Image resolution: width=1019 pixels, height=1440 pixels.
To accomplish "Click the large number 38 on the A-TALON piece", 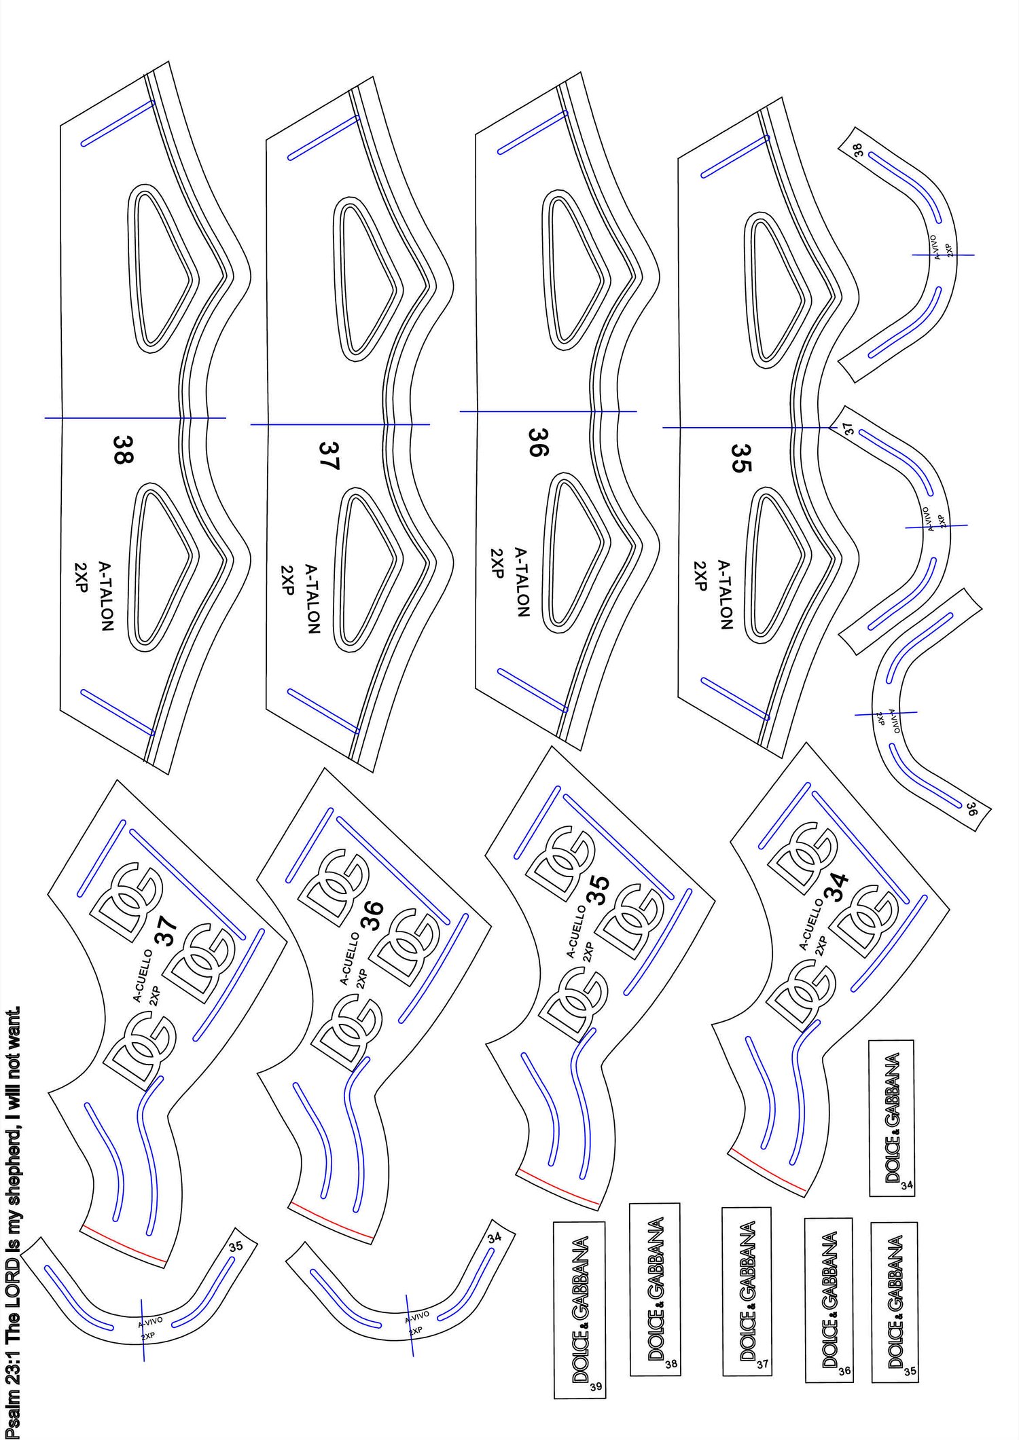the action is click(123, 449).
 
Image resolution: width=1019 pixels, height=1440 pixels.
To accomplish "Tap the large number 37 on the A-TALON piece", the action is click(329, 456).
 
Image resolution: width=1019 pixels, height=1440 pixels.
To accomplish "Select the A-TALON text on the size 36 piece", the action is click(522, 582).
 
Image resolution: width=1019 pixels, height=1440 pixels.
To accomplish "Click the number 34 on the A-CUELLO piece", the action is click(838, 887).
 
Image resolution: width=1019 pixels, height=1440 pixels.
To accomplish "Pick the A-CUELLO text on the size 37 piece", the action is click(143, 976).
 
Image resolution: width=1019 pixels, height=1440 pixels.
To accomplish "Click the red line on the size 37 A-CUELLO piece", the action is click(124, 1244).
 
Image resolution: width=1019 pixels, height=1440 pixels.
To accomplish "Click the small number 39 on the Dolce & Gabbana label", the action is click(595, 1386).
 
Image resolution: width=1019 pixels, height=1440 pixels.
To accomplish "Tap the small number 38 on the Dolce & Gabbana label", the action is click(671, 1363).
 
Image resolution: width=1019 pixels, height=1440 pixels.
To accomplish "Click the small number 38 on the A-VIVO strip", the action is click(859, 150).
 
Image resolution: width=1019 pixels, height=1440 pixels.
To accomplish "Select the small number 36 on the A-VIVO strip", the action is click(971, 809).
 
